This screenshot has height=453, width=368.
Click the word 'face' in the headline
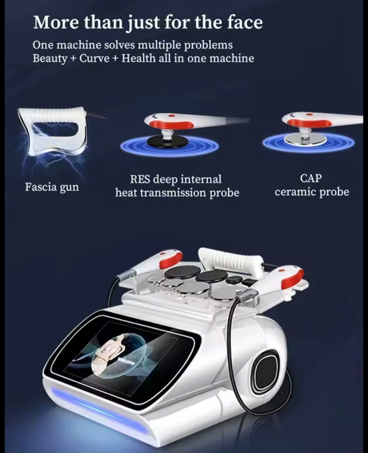click(245, 23)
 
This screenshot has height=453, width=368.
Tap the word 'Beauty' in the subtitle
click(50, 59)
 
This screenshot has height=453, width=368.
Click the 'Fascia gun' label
click(52, 187)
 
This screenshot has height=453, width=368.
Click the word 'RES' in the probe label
click(140, 179)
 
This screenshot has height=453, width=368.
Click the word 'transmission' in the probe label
click(173, 193)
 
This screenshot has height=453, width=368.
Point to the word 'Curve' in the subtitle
click(95, 59)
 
